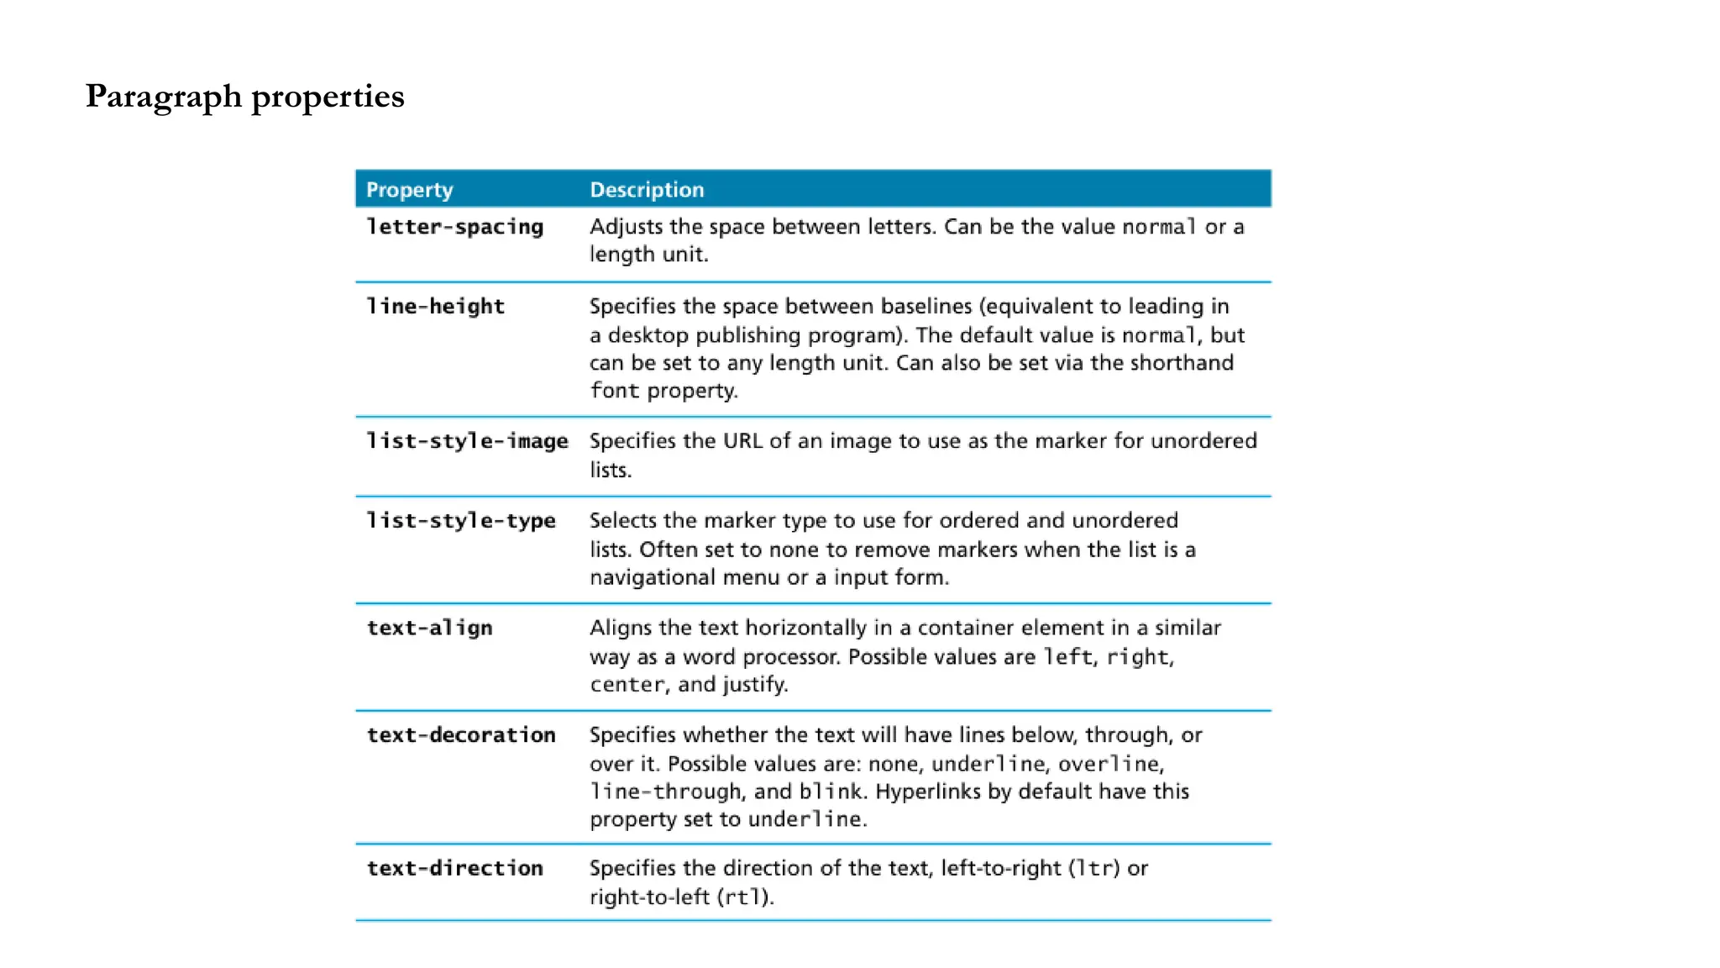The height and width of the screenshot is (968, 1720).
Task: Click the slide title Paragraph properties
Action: [244, 97]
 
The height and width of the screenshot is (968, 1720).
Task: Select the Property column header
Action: [409, 190]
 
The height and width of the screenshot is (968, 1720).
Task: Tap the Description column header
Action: [647, 190]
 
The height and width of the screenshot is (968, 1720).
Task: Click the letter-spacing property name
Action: [454, 227]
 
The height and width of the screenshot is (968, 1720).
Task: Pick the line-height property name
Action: [435, 307]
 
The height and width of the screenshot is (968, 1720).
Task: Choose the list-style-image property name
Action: [467, 441]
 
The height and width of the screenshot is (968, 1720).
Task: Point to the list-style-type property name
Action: [461, 521]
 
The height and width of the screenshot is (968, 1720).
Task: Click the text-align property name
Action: [429, 628]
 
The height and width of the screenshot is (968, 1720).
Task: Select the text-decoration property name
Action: [461, 735]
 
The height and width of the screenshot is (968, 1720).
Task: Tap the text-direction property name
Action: [454, 868]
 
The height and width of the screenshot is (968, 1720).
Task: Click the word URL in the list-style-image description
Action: [742, 441]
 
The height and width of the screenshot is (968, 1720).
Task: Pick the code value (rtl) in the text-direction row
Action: [744, 897]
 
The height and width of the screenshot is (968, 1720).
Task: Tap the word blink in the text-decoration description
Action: [831, 792]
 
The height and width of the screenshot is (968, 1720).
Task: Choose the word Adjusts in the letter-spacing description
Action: [626, 227]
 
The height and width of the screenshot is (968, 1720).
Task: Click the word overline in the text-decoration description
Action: [1109, 764]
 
